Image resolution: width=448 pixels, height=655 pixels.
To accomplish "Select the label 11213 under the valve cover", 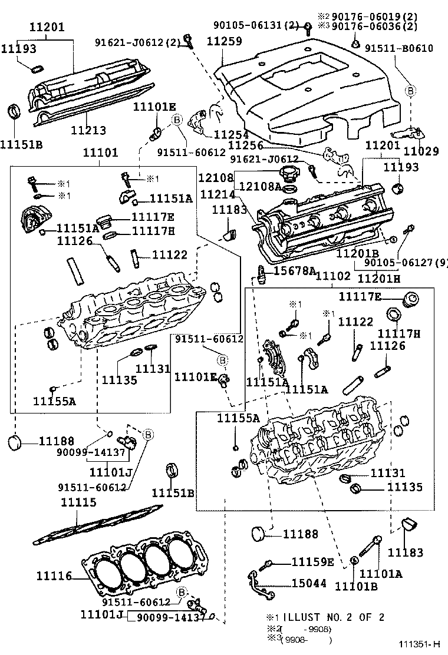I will click(x=88, y=130).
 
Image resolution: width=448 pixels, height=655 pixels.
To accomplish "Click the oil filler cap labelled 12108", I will click(x=291, y=174).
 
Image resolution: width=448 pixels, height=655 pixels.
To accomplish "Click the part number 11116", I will click(x=54, y=575).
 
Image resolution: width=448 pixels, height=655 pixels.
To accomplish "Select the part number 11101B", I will click(x=355, y=585).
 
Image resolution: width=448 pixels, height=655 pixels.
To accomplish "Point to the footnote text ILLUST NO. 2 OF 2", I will click(x=334, y=617).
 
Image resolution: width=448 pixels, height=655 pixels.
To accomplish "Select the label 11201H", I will click(x=379, y=277).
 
